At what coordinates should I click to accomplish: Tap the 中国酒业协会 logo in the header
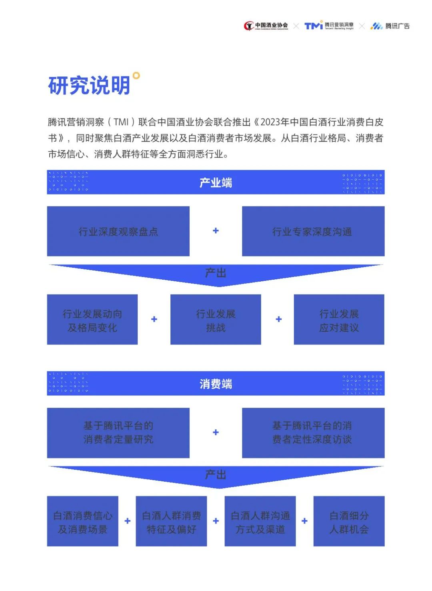click(266, 26)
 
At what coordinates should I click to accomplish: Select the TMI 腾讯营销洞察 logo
click(329, 26)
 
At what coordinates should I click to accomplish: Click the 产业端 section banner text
click(216, 183)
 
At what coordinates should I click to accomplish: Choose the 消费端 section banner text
click(216, 384)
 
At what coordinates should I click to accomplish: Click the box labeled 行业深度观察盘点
click(118, 231)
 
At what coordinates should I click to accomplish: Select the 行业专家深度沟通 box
click(313, 231)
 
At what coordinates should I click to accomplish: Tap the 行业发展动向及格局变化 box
click(92, 320)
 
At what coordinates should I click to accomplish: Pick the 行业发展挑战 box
click(216, 320)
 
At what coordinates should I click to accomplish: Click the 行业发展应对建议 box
click(339, 320)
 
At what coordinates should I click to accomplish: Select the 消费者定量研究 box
click(118, 433)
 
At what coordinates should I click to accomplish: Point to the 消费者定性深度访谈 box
click(313, 433)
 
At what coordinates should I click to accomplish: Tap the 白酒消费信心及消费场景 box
click(82, 521)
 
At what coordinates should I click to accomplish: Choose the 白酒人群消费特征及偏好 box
click(171, 521)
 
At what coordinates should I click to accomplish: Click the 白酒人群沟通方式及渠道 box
click(260, 521)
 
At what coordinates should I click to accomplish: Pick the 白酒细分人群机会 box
click(349, 521)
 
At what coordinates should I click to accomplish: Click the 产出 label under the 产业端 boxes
click(216, 273)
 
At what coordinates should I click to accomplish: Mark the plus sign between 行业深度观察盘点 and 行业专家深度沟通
click(216, 230)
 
